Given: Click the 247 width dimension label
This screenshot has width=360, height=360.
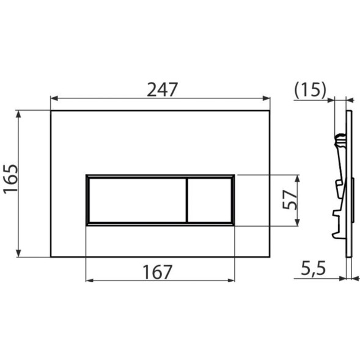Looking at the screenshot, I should [162, 89].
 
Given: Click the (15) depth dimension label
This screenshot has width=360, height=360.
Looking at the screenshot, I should [310, 89].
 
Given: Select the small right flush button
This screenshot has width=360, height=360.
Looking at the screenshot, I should [209, 200].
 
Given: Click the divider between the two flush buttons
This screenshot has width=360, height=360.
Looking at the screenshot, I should [186, 200].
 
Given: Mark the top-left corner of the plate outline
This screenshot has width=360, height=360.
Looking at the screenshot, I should [51, 111].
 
